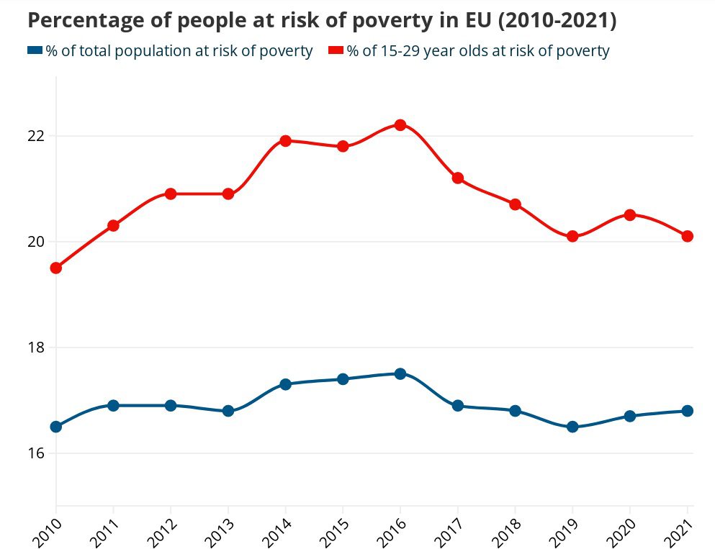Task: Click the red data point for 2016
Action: point(400,125)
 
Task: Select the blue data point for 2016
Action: point(400,373)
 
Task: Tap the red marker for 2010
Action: point(55,268)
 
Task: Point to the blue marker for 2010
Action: point(55,427)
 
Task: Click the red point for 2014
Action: point(285,141)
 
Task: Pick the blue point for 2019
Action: point(572,427)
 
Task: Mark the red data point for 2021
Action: point(687,236)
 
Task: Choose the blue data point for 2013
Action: point(228,411)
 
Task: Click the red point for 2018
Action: point(515,204)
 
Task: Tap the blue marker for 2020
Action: point(630,416)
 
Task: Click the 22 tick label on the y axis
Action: point(36,136)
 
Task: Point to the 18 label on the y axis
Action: point(36,348)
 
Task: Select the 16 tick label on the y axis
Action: point(36,453)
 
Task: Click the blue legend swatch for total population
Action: point(35,50)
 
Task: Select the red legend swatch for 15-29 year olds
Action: point(335,50)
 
